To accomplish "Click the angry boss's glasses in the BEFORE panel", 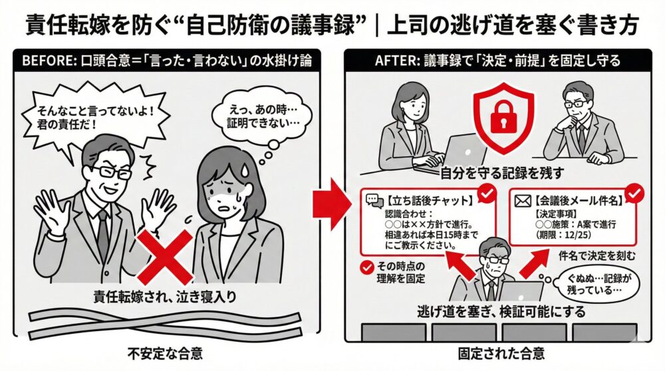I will [x=110, y=171].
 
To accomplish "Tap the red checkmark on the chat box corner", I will [x=487, y=193].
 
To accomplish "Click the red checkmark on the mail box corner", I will [x=635, y=192].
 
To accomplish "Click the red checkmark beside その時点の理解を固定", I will [x=364, y=267].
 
